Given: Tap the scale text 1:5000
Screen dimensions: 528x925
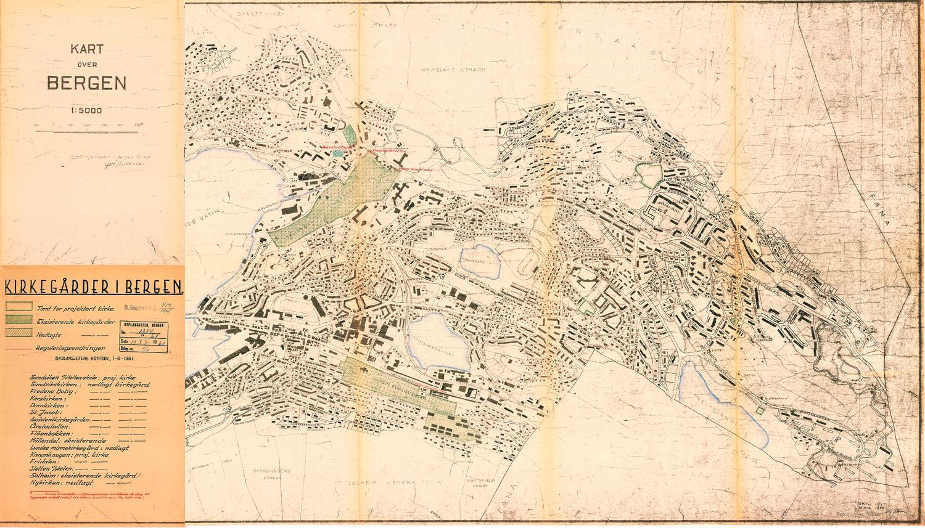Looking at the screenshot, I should [x=86, y=111].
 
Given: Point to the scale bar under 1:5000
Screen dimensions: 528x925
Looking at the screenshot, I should [x=88, y=125].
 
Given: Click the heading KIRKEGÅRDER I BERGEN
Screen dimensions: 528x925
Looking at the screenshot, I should [x=93, y=287].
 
